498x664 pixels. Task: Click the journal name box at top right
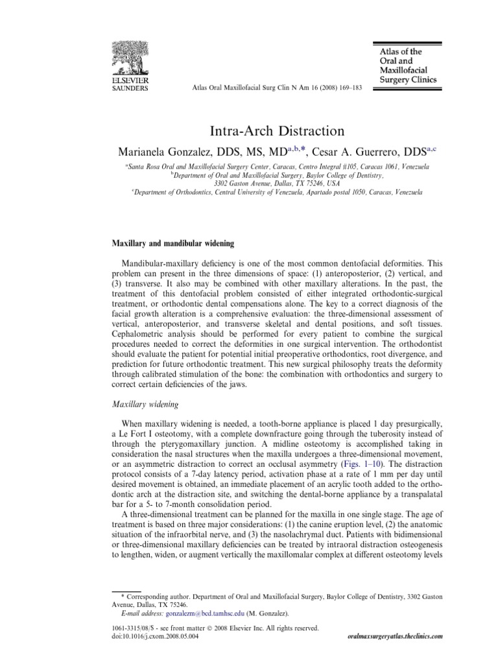point(404,65)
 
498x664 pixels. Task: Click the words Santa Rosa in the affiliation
point(142,167)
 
